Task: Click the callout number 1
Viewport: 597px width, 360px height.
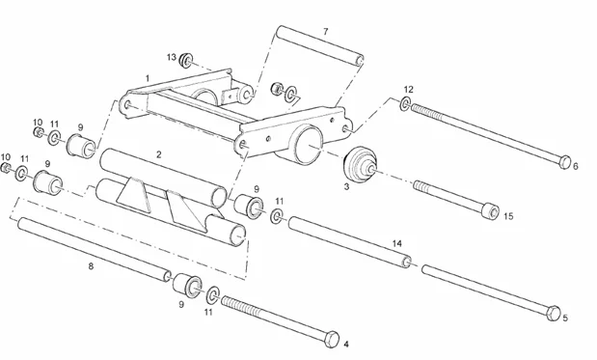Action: pos(148,76)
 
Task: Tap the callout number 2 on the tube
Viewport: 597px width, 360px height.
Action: pos(159,154)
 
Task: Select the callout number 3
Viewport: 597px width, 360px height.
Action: pos(346,186)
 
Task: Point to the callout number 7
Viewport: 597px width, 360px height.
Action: pos(325,32)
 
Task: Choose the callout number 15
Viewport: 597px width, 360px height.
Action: pos(508,216)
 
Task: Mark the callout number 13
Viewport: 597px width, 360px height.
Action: pos(171,58)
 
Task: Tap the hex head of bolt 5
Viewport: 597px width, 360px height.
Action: pos(552,313)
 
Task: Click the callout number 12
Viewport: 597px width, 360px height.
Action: pos(408,89)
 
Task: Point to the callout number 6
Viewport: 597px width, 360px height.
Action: pos(576,166)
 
